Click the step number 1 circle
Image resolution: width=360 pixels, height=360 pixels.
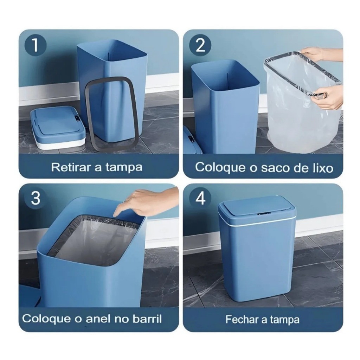pos(36,45)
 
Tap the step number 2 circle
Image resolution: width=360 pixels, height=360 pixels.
pos(200,45)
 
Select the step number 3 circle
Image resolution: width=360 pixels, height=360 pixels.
pos(36,198)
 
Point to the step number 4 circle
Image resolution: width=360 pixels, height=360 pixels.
pos(200,198)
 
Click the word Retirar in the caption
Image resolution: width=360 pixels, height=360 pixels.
pos(71,167)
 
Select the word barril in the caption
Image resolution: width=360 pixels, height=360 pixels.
pos(147,319)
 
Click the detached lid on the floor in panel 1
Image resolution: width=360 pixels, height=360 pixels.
pos(58,127)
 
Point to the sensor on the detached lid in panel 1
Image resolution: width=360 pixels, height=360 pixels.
pos(77,119)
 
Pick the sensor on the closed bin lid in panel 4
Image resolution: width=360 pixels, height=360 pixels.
pos(264,214)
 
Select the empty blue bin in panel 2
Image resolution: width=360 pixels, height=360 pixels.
pos(225,107)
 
